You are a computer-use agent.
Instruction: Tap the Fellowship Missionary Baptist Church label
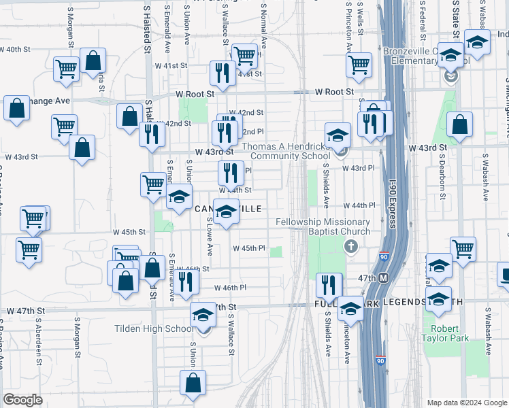coord(323,227)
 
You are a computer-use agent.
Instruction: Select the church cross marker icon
coord(351,246)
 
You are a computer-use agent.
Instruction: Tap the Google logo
coord(22,399)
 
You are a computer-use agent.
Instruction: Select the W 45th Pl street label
coord(248,248)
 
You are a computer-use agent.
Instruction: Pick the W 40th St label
coord(15,50)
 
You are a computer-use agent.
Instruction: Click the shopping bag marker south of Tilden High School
coord(193,383)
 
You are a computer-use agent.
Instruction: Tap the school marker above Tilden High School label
coord(203,315)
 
